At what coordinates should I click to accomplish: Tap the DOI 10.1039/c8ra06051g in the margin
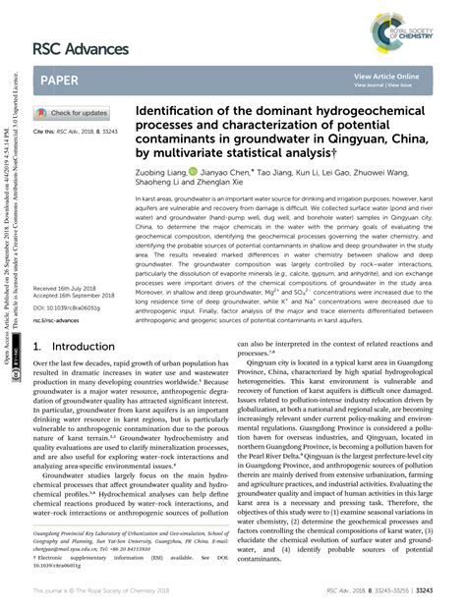click(71, 297)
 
